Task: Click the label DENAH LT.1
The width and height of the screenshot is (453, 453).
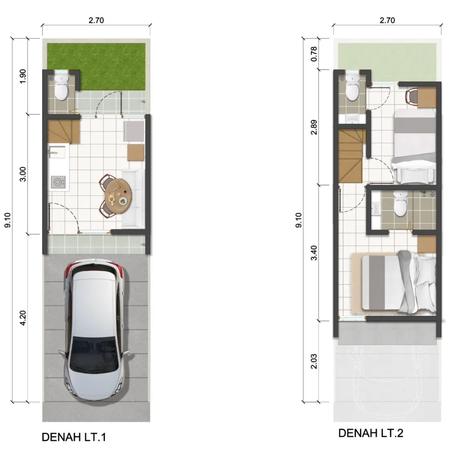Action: pos(73,437)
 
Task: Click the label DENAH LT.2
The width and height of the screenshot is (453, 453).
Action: pos(370,433)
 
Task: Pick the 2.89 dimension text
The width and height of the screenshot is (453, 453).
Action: pos(314,127)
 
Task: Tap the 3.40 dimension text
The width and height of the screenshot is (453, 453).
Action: pos(314,253)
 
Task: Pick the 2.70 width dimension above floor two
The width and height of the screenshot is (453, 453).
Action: pos(387,20)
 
